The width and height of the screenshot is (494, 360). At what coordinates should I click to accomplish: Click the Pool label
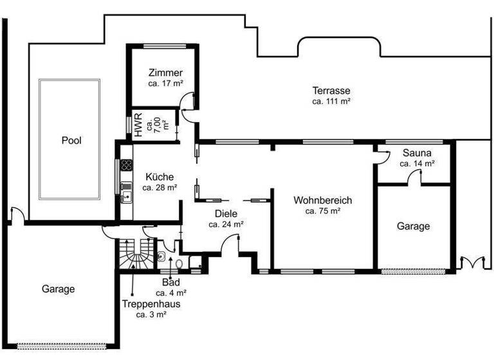pyautogui.click(x=71, y=139)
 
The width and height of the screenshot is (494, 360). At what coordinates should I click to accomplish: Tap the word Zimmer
pyautogui.click(x=165, y=72)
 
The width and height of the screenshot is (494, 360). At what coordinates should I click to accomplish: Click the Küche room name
pyautogui.click(x=159, y=177)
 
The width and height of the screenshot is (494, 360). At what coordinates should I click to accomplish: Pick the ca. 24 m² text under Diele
pyautogui.click(x=226, y=224)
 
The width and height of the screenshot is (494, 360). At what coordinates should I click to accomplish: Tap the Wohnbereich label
pyautogui.click(x=322, y=200)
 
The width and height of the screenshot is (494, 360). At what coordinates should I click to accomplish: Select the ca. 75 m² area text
pyautogui.click(x=322, y=210)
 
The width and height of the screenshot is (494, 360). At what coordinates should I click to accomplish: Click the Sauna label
pyautogui.click(x=417, y=153)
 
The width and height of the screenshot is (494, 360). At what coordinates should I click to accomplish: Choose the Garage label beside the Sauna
pyautogui.click(x=413, y=226)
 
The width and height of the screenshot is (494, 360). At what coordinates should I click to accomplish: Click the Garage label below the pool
pyautogui.click(x=58, y=289)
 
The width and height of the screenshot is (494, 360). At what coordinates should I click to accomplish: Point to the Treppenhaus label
pyautogui.click(x=151, y=304)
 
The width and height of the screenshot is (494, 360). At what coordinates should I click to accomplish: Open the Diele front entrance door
pyautogui.click(x=230, y=244)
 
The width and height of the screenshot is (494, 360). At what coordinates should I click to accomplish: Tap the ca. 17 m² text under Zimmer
pyautogui.click(x=165, y=83)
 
